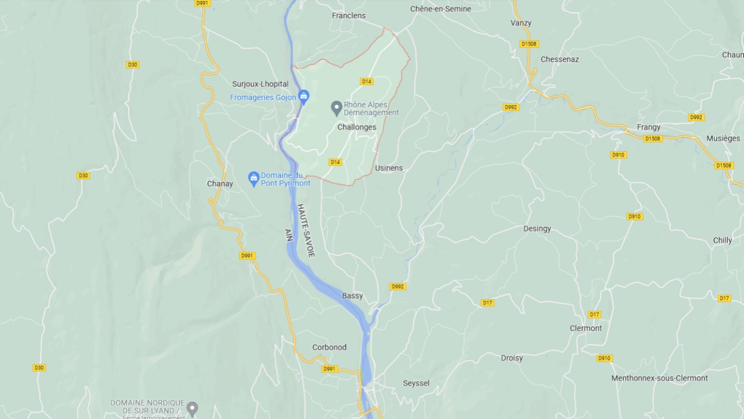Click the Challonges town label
[x=357, y=127]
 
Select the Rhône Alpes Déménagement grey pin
[x=337, y=108]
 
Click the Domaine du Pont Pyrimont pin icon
[x=253, y=178]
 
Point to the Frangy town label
[x=649, y=127]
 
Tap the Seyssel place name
[x=416, y=383]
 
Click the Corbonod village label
[x=329, y=347]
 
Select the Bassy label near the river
[x=352, y=296]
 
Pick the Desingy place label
[x=537, y=229]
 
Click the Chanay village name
[x=220, y=184]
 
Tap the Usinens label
[x=389, y=168]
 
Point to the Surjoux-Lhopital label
[x=260, y=84]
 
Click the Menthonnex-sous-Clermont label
[x=659, y=378]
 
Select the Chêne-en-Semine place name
[x=441, y=9]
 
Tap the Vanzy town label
[x=521, y=23]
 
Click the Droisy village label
[x=512, y=358]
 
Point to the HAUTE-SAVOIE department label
[x=306, y=230]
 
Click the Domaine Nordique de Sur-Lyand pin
[x=192, y=408]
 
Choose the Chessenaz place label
[x=560, y=59]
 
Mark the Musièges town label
[x=723, y=139]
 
